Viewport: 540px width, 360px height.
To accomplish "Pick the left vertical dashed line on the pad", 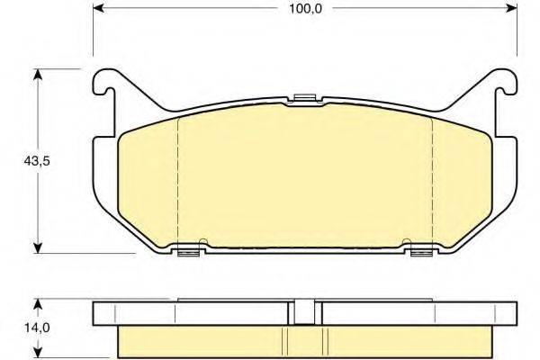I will (177, 180).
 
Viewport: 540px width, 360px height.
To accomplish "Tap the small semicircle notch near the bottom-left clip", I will (203, 241).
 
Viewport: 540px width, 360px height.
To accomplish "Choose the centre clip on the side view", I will (303, 311).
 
